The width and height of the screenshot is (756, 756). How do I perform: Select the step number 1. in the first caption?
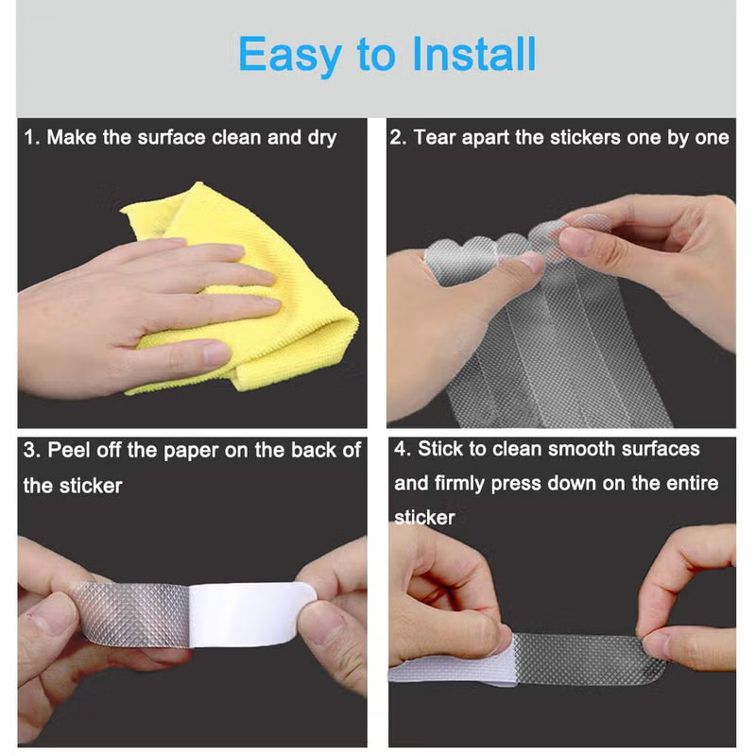[x=32, y=138]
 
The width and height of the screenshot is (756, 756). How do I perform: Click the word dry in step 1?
[x=321, y=138]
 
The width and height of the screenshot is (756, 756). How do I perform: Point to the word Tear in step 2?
[x=435, y=138]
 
